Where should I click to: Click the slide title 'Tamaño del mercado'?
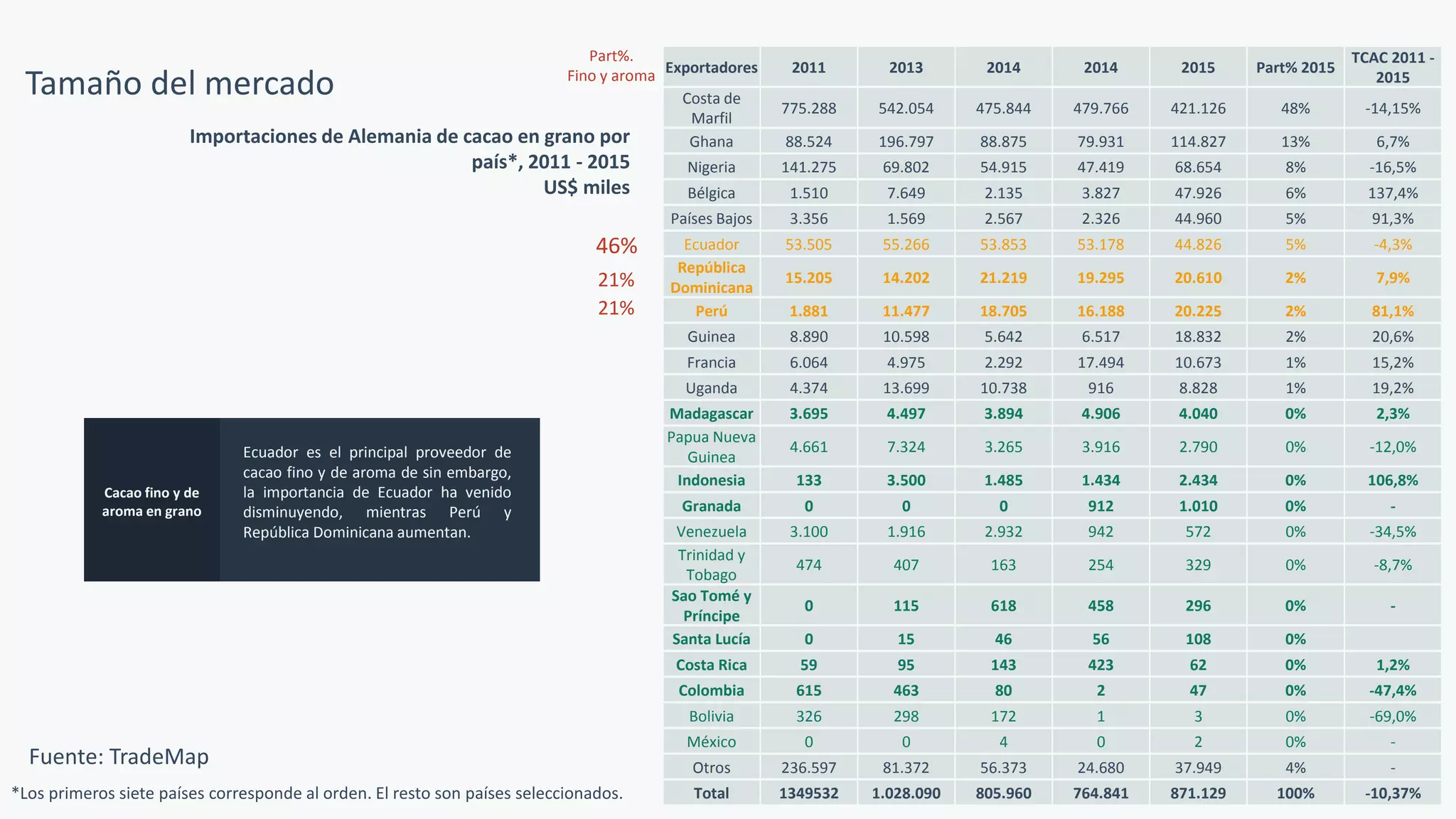tap(180, 83)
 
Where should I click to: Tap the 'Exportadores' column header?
tap(712, 68)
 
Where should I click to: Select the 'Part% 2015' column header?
tap(1295, 68)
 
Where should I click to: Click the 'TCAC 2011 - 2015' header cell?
tap(1393, 68)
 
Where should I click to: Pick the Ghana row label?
tap(711, 141)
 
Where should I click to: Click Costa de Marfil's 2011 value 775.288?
tap(808, 108)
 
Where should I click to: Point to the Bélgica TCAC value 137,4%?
tap(1393, 193)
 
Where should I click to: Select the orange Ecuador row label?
tap(711, 245)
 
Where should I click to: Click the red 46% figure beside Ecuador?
tap(616, 246)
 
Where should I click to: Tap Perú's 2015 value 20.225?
tap(1198, 311)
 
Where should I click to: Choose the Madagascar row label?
tap(711, 414)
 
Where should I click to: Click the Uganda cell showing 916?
tap(1101, 388)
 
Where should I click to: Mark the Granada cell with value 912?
tap(1101, 506)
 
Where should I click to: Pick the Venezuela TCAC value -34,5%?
tap(1393, 532)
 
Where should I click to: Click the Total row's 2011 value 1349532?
tap(808, 793)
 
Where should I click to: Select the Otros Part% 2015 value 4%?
tap(1295, 768)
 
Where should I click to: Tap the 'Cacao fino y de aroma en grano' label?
tap(151, 502)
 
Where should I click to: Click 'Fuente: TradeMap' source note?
tap(119, 756)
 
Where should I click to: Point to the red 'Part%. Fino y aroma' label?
tap(611, 66)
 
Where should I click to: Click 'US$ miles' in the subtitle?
tap(587, 188)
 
